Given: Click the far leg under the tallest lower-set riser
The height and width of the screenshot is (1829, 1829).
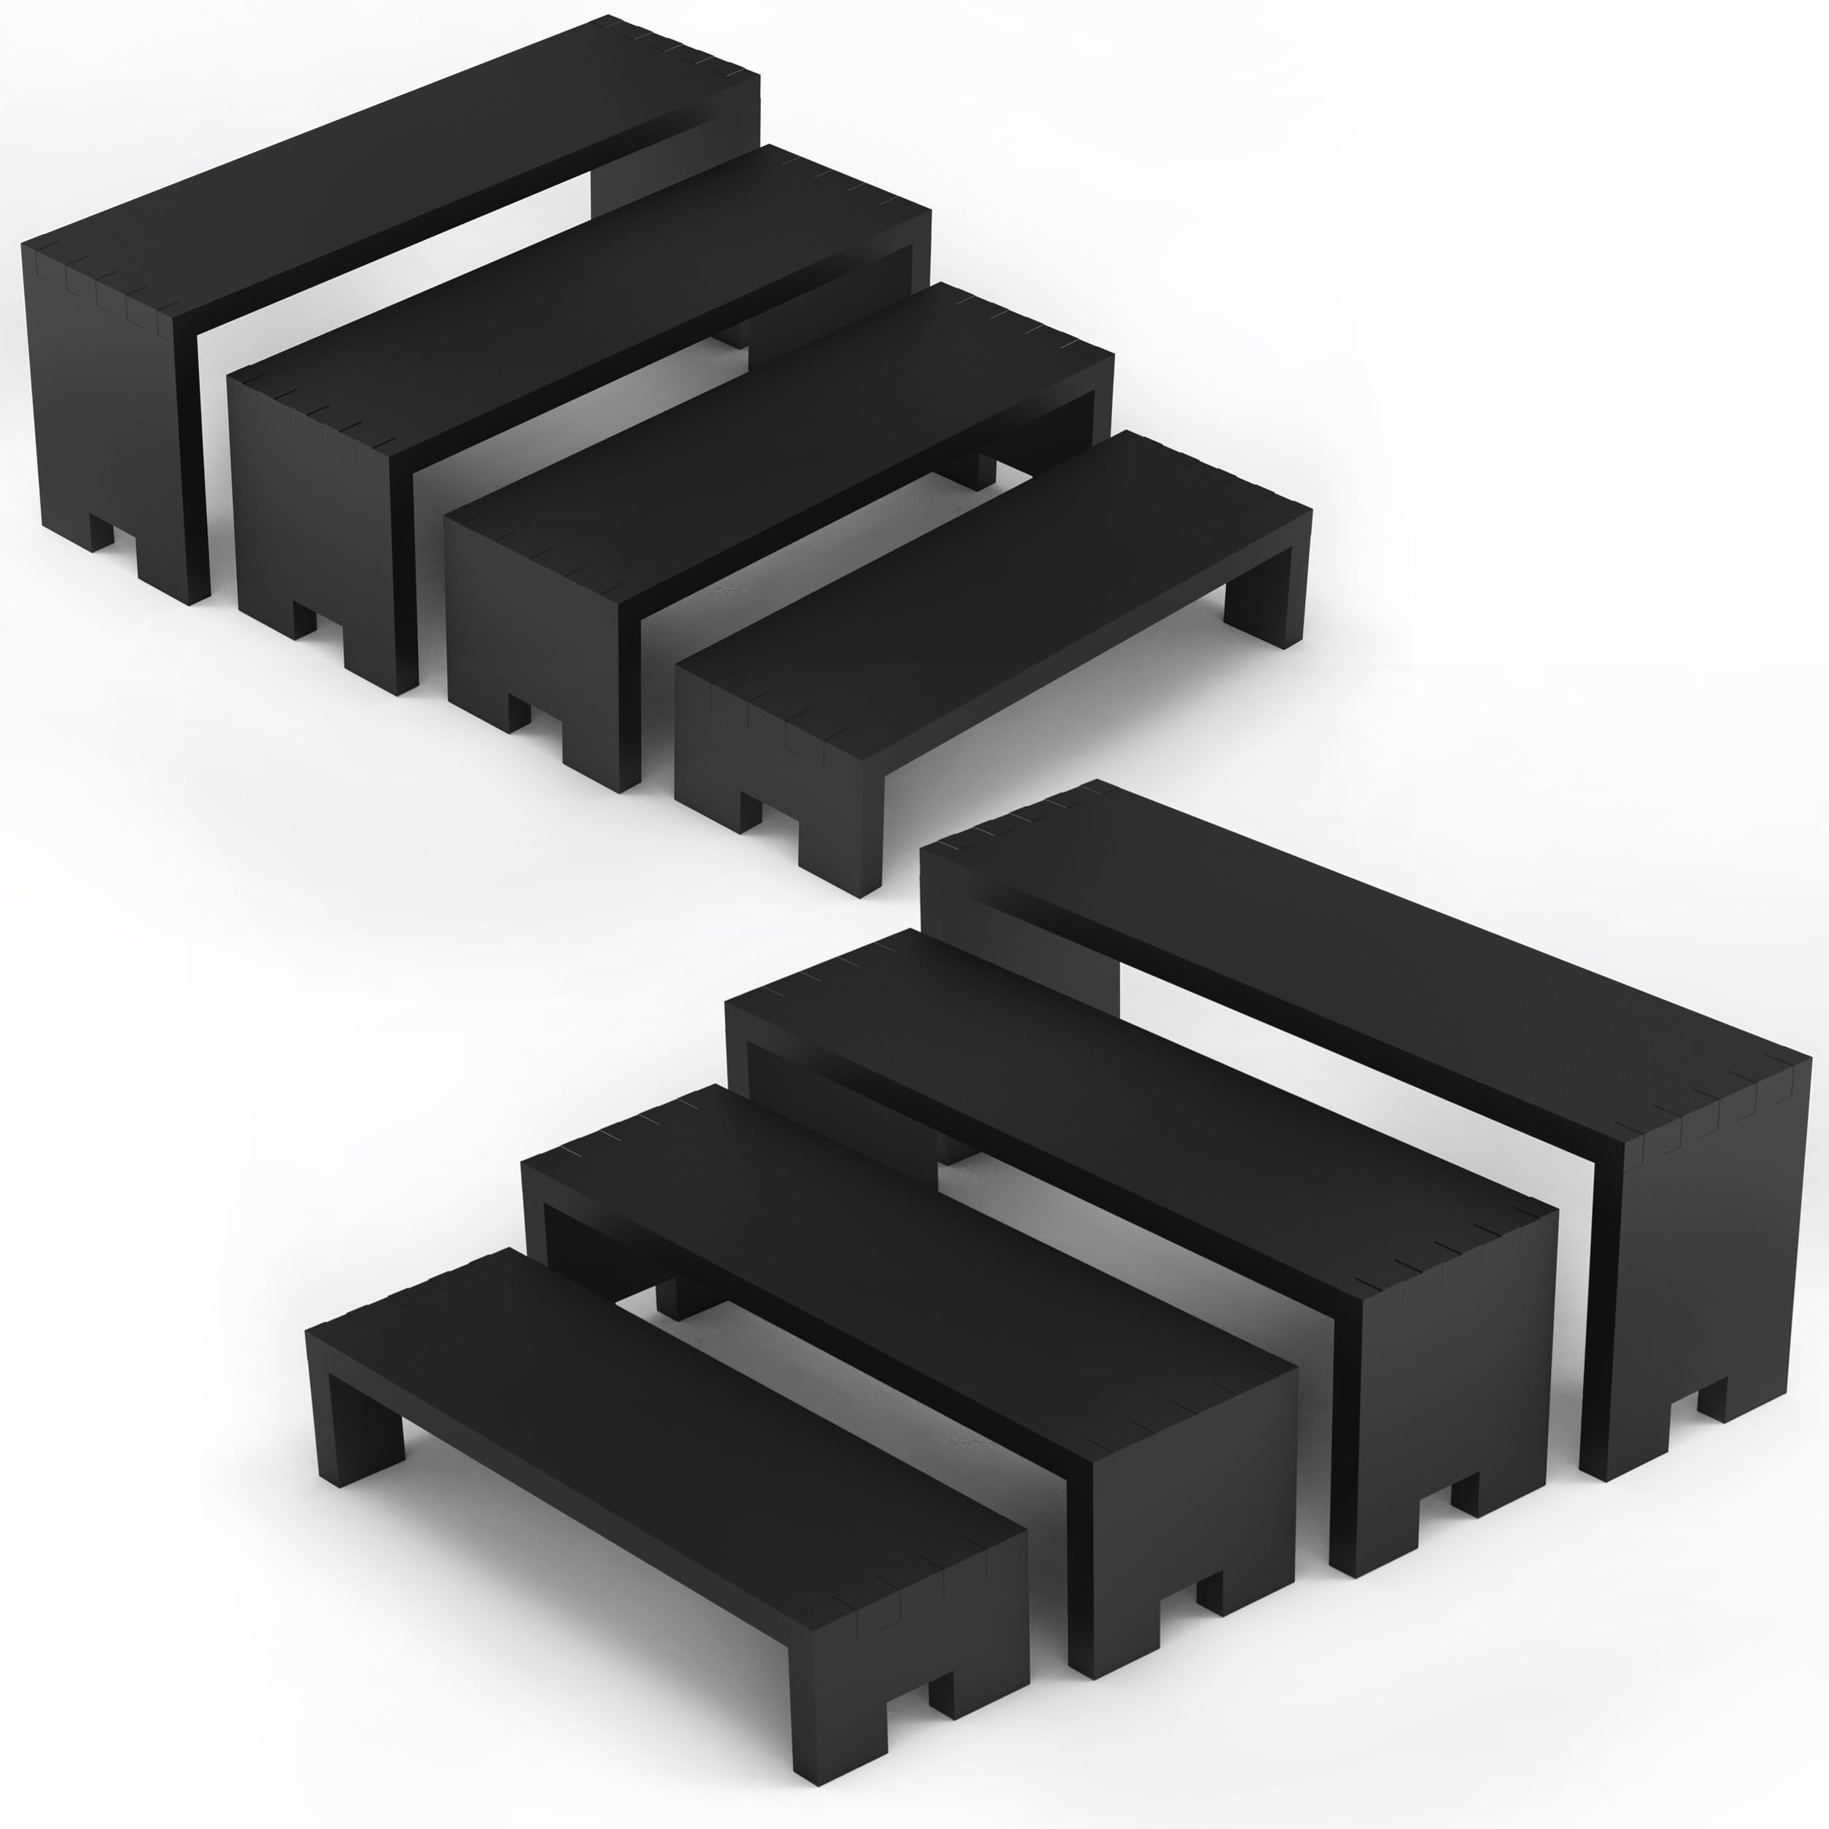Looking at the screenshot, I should [x=1023, y=937].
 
